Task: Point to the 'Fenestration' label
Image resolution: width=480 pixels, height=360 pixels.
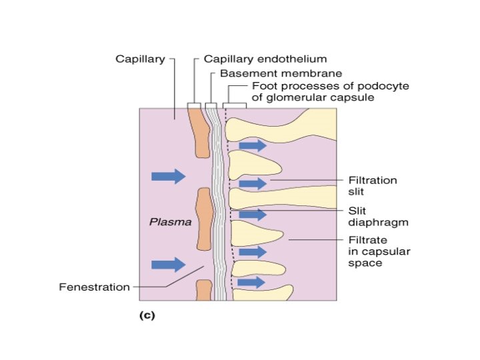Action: [x=94, y=287]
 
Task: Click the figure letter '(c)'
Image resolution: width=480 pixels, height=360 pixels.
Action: [x=146, y=316]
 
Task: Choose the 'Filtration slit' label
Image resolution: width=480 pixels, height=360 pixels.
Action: [x=373, y=185]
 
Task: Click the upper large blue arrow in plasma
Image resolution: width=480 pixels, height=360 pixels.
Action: [x=168, y=176]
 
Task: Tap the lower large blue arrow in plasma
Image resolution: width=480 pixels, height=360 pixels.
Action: [x=168, y=265]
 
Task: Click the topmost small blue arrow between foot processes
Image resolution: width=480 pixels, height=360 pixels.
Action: [x=252, y=145]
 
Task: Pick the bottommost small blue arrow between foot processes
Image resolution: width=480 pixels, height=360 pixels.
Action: [x=252, y=283]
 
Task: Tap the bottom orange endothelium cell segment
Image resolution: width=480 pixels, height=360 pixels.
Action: [x=203, y=290]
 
